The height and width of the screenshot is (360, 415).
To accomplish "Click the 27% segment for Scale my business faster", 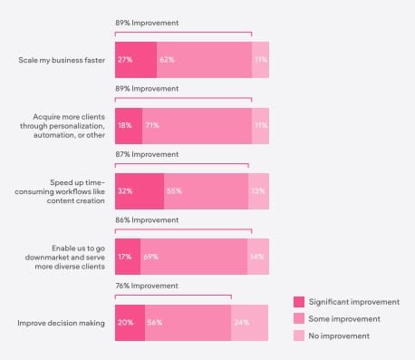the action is pos(136,60).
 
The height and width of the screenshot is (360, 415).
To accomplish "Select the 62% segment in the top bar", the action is pos(204,60).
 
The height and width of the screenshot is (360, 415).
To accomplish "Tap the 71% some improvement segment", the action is pos(197,126).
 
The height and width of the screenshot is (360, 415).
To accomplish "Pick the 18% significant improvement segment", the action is pos(129,126).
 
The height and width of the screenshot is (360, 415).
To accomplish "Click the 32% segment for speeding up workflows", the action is pos(140,191).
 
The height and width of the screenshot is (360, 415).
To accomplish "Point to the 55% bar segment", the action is pos(206,191).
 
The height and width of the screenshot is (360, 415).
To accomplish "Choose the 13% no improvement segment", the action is pos(258,191).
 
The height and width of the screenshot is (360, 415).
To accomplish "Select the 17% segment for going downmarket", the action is pos(128,257).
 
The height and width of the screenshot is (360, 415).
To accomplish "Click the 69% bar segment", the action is pos(194,257).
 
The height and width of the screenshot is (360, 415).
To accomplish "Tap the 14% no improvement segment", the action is pos(258,257).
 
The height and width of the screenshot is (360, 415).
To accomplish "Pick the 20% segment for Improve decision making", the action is pos(130,323).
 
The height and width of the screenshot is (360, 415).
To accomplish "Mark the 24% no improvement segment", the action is pos(249,323).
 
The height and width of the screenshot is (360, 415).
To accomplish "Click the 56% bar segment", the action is pos(188,323).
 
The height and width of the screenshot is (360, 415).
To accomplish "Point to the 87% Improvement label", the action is pos(147,154).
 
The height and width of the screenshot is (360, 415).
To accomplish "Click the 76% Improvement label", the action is pos(147,286).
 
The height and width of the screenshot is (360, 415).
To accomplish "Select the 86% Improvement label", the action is pos(147,220).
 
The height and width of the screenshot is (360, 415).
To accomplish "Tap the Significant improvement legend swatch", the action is pos(299,302).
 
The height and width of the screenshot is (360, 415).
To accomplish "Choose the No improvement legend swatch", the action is pos(299,336).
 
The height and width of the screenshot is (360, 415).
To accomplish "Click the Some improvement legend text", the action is pos(344,319).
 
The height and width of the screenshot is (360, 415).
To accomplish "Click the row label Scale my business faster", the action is pos(62,60).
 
